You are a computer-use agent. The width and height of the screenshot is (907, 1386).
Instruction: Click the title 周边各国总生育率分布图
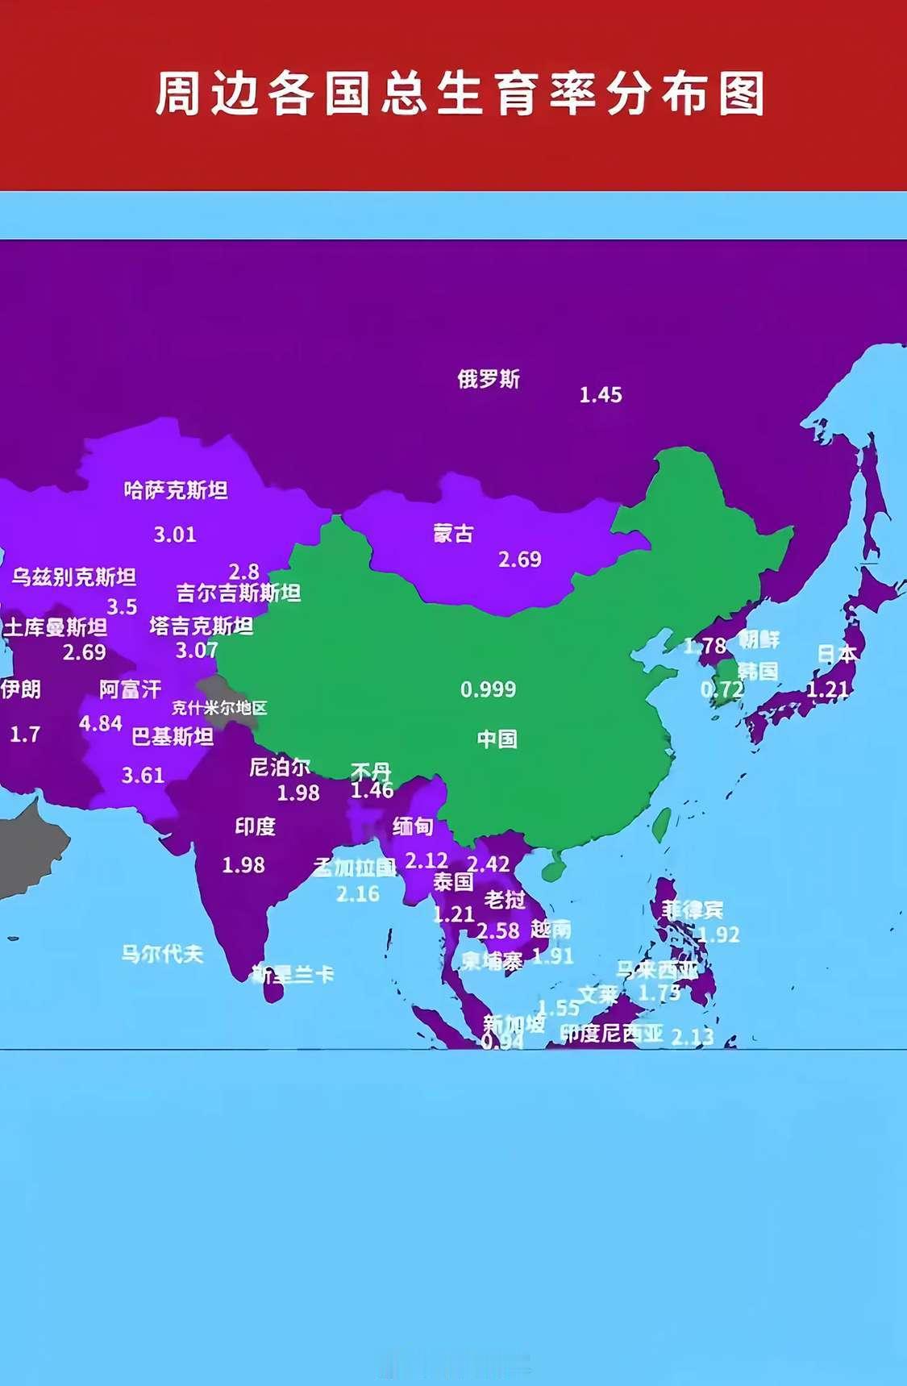(x=460, y=94)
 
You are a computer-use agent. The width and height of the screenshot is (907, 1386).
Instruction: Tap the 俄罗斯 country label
(x=489, y=378)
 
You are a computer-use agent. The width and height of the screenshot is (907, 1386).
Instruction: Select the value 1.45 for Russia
(x=601, y=395)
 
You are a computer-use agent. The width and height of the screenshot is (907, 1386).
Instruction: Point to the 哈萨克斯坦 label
(x=176, y=490)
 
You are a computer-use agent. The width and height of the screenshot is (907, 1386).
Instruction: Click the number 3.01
(x=175, y=535)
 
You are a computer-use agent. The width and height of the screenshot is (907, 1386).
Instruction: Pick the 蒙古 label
(x=453, y=533)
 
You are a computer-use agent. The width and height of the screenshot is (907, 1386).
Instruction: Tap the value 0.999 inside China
(x=488, y=689)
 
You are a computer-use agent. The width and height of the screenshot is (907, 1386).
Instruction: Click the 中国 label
(x=497, y=739)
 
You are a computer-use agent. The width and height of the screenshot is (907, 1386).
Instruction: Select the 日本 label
(x=837, y=654)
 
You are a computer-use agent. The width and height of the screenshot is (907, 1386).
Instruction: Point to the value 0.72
(x=722, y=689)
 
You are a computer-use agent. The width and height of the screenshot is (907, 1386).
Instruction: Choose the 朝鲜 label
(x=759, y=639)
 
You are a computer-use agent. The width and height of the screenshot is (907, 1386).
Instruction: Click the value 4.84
(x=101, y=723)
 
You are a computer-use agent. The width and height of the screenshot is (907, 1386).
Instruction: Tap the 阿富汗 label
(x=131, y=689)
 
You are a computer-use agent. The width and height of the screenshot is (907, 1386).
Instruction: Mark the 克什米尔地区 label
(x=218, y=709)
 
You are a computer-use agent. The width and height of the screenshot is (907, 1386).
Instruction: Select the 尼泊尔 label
(x=280, y=767)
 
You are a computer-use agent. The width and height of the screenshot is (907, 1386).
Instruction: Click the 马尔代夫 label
(x=162, y=954)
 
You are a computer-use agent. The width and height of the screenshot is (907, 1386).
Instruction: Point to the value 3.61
(x=143, y=776)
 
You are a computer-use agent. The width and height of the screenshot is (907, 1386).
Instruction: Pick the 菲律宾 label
(x=693, y=910)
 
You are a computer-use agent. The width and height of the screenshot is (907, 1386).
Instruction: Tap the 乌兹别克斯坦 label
(x=73, y=577)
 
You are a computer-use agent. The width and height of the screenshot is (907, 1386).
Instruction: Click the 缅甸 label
(x=413, y=826)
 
